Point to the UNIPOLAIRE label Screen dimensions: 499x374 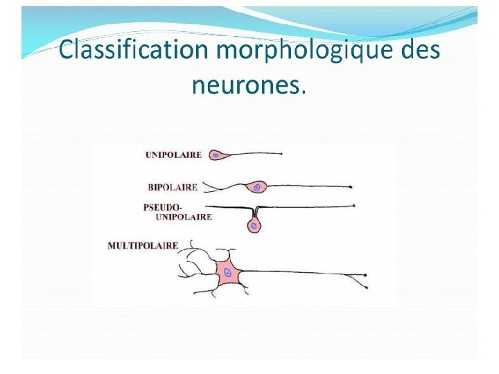(x=173, y=155)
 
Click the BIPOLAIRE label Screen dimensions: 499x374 (x=173, y=186)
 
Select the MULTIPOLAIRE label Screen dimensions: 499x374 (x=143, y=245)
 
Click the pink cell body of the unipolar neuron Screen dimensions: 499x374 (x=216, y=155)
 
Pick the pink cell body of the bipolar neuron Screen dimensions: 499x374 (x=257, y=186)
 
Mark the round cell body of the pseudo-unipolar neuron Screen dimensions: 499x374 (x=254, y=226)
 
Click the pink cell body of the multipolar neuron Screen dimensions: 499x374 (x=228, y=273)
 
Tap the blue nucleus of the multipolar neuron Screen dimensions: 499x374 (x=227, y=274)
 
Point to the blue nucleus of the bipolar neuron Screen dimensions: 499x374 (x=258, y=186)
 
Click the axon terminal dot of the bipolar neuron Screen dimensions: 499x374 (x=353, y=187)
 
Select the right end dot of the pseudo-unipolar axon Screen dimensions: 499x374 (x=354, y=206)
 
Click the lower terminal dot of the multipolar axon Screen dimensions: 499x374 (x=366, y=285)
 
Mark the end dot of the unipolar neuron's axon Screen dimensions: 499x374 (x=281, y=153)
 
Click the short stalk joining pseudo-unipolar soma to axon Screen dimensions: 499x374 (x=254, y=213)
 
